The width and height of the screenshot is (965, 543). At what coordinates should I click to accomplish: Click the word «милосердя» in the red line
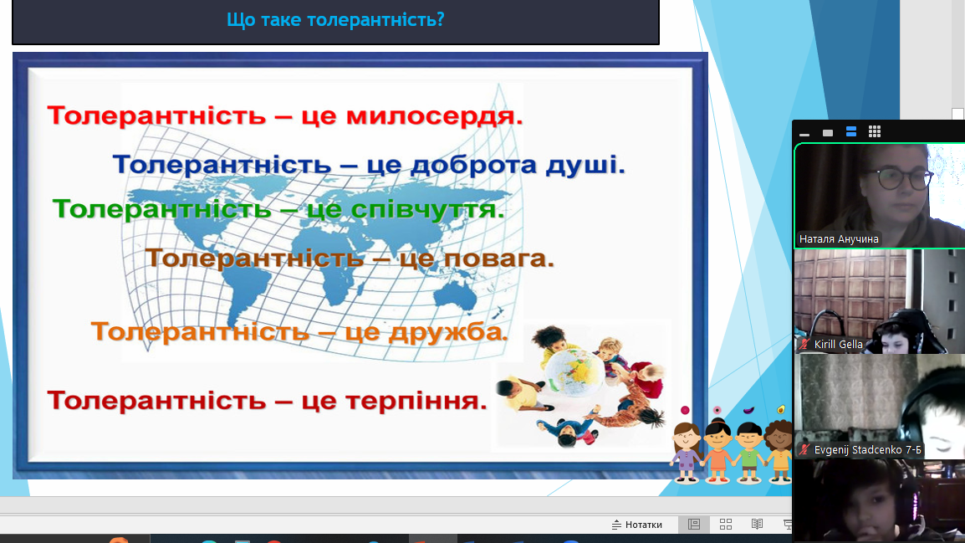[x=434, y=115]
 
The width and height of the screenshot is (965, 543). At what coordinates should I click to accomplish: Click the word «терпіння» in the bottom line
[x=416, y=401]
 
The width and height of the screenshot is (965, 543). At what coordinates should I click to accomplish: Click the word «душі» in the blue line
[x=585, y=164]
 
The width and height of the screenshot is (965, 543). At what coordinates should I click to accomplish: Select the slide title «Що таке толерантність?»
[x=335, y=20]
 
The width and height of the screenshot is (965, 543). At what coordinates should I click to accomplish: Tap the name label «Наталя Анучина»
[x=839, y=239]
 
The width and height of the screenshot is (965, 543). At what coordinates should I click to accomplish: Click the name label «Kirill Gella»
[x=838, y=344]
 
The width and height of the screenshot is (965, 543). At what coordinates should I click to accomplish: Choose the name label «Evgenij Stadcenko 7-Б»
[x=868, y=450]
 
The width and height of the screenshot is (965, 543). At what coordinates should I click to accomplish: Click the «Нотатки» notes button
[x=637, y=525]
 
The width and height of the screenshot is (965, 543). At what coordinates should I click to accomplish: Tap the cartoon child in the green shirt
[x=748, y=451]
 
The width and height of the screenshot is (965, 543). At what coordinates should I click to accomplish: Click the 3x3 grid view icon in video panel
[x=875, y=131]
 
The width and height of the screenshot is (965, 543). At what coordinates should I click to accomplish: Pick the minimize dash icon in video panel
[x=804, y=134]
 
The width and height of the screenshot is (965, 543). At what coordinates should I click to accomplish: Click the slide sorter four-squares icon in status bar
[x=726, y=525]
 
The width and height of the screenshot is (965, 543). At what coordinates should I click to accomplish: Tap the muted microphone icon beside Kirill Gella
[x=804, y=344]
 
